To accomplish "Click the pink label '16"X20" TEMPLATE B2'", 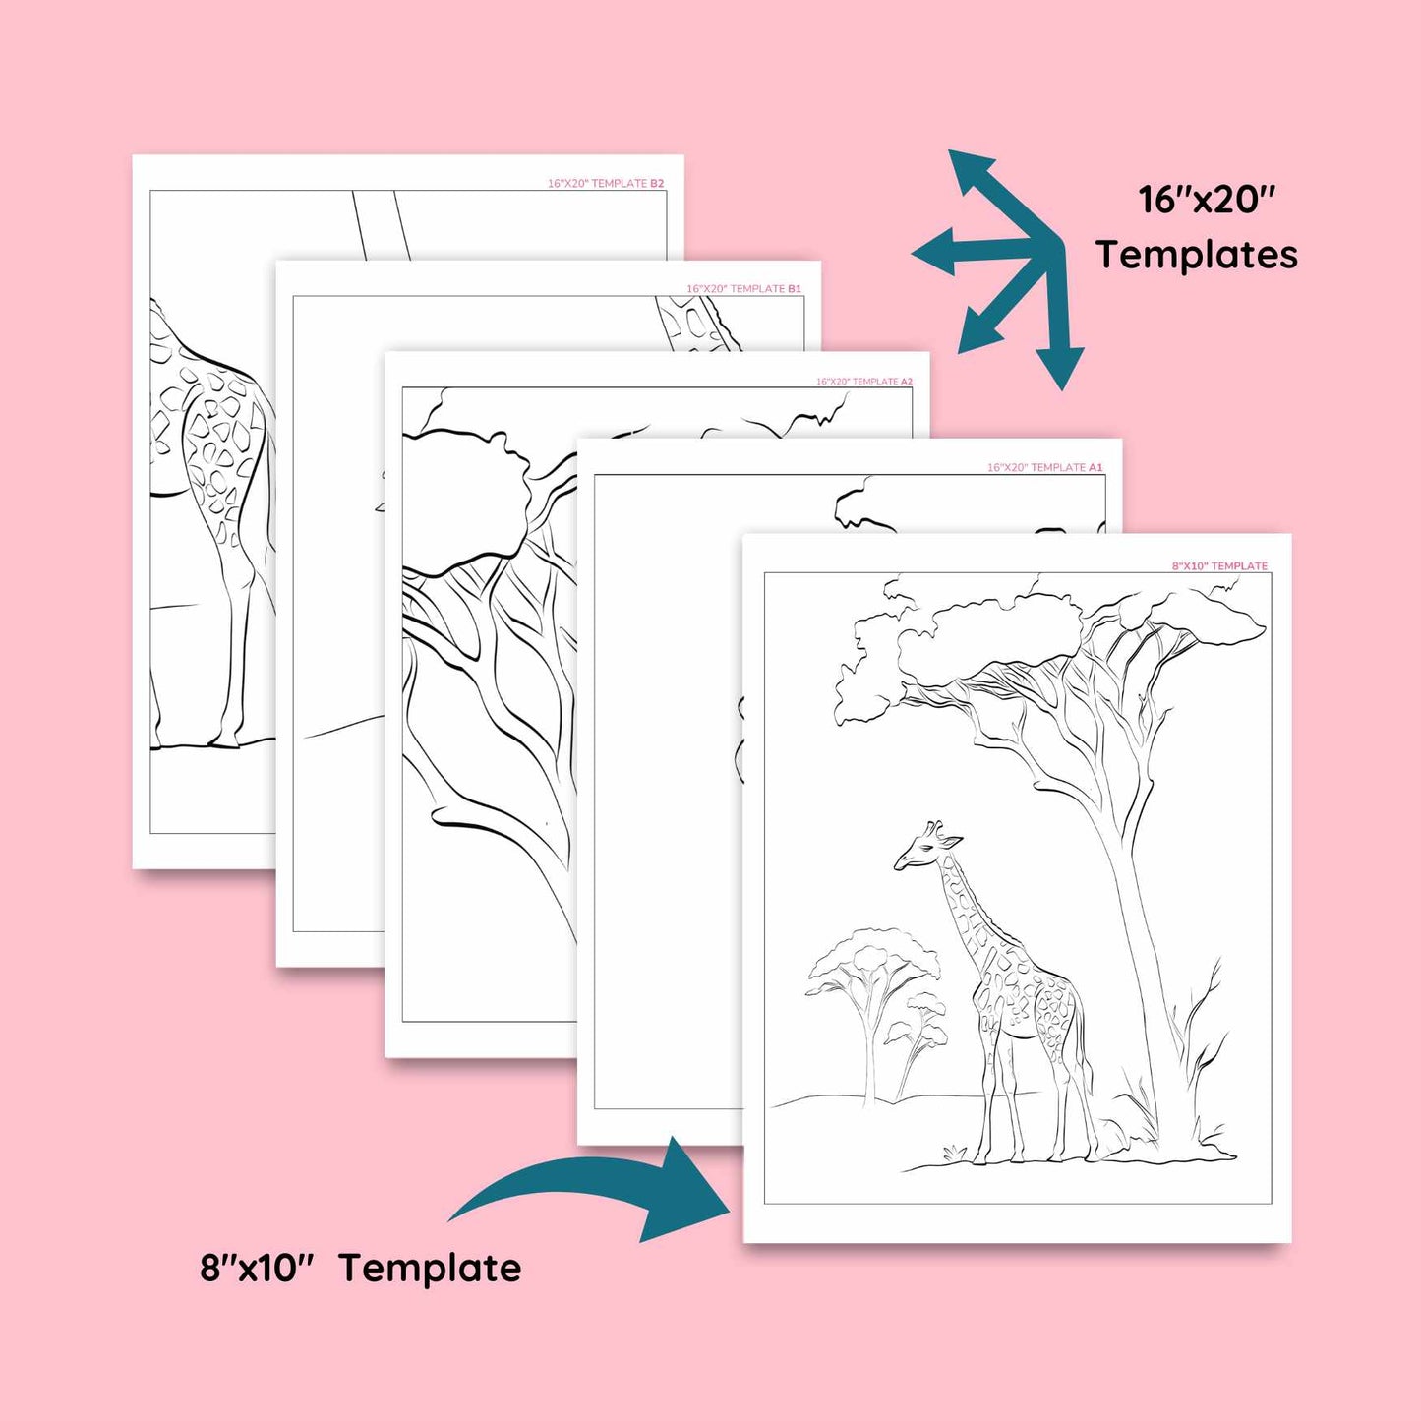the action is point(606,183).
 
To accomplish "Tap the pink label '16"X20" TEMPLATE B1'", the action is point(743,288).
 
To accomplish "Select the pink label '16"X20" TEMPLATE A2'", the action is point(863,382).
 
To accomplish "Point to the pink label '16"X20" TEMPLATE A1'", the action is point(1045,467).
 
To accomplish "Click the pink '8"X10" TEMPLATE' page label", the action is point(1219,565).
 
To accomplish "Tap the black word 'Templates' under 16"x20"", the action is point(1196,255).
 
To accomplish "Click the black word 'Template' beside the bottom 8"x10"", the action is point(431,1269).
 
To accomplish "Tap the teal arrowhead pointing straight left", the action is point(933,253).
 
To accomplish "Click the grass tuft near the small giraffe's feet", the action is point(954,1152).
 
